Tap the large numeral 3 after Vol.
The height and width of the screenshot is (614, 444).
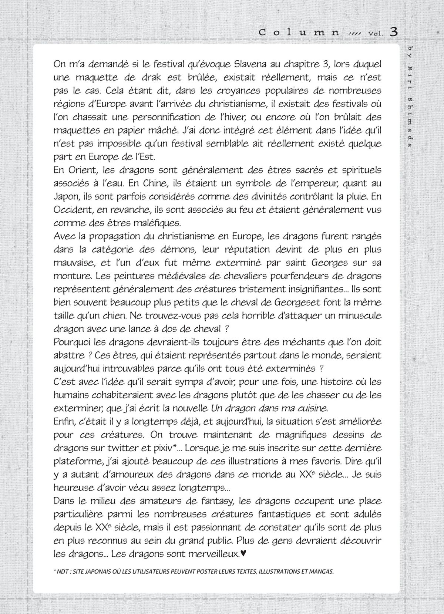tap(393, 32)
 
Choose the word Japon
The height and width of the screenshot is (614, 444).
tap(65, 196)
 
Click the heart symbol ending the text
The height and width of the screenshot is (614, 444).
tap(243, 554)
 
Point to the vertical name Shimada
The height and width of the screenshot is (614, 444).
tap(410, 122)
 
